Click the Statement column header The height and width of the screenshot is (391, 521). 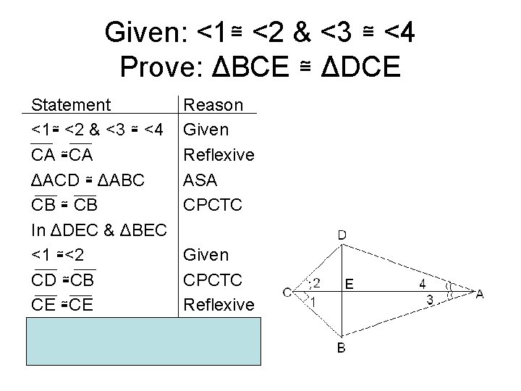72,105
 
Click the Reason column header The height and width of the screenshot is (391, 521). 214,105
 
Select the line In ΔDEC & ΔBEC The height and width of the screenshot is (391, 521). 101,230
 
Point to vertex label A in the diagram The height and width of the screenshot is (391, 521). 478,293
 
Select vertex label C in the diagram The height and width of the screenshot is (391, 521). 287,293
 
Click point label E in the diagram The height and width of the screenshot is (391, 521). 350,285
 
